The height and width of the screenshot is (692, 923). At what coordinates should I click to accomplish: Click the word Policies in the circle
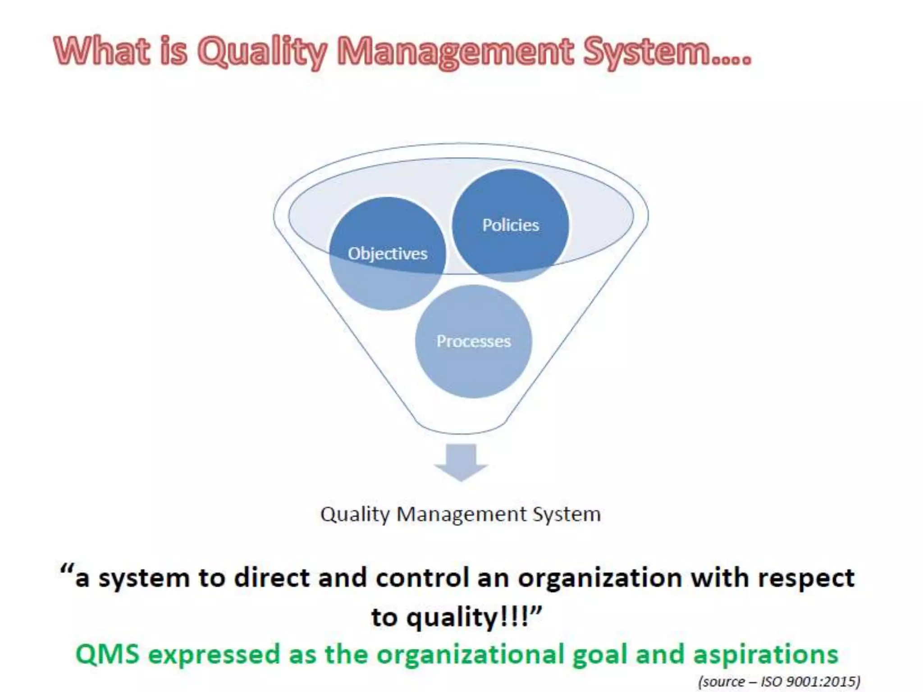(510, 225)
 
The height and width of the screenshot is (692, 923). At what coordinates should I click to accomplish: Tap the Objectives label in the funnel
(387, 254)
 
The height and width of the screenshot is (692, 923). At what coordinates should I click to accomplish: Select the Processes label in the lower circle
(473, 341)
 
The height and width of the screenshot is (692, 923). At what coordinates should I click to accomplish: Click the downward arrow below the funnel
(461, 462)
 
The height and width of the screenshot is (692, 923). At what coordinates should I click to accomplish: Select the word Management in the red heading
(455, 52)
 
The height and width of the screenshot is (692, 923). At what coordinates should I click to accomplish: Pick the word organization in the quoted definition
(599, 578)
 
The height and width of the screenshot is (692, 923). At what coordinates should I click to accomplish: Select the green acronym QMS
(107, 654)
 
